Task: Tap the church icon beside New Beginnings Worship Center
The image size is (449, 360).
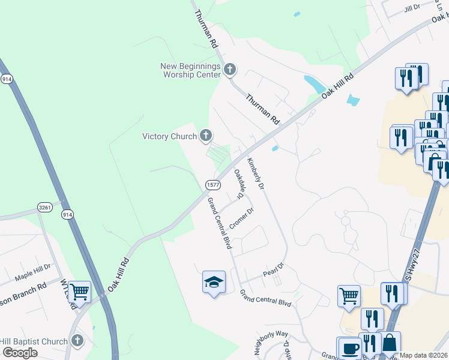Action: click(x=229, y=70)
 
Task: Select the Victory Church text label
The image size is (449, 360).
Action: click(x=169, y=136)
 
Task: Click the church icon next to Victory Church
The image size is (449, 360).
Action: click(x=206, y=136)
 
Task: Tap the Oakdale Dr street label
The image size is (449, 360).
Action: click(x=239, y=184)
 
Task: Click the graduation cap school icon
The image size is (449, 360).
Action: click(x=214, y=282)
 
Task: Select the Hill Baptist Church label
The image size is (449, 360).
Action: click(x=34, y=341)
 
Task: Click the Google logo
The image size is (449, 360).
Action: click(x=20, y=353)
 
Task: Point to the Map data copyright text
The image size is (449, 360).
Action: click(x=424, y=355)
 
